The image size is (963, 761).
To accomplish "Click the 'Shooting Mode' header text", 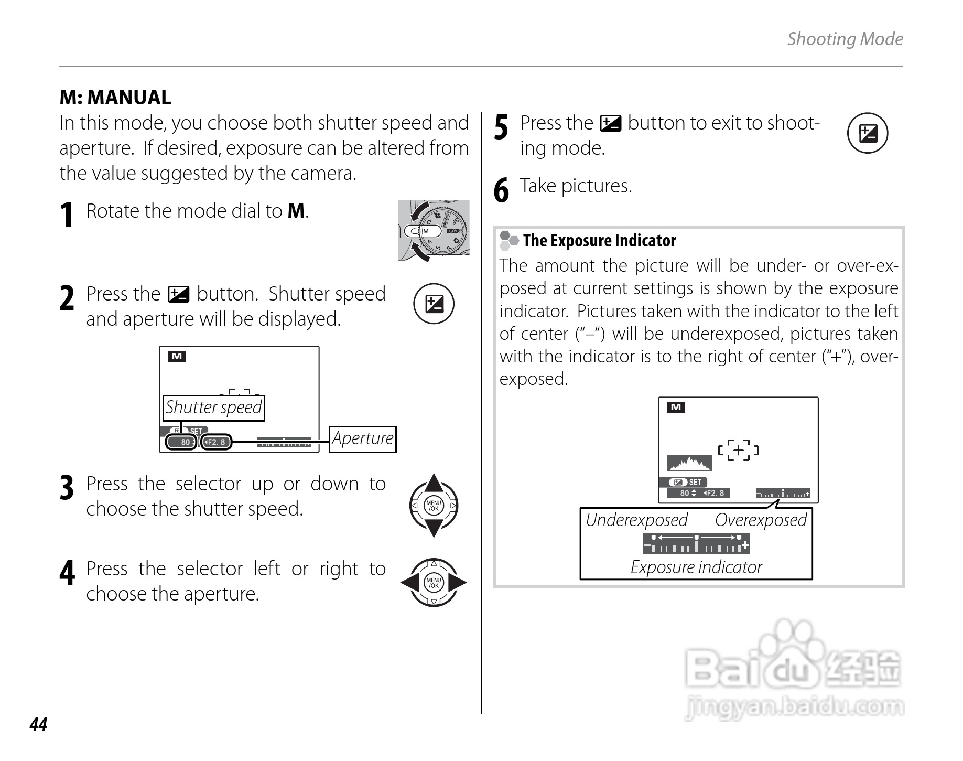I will point(845,39).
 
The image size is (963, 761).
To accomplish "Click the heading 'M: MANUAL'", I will point(115,98).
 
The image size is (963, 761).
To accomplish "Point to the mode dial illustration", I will point(434,230).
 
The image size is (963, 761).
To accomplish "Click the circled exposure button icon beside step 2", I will point(434,304).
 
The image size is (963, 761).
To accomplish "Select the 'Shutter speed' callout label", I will point(213,408).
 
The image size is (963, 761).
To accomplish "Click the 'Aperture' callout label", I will point(362,438).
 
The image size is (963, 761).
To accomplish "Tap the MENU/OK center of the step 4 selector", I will point(434,582).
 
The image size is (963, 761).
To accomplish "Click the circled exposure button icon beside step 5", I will point(868,133).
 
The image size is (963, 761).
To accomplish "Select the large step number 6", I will point(501,190).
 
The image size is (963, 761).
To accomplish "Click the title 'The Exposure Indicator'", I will point(599,241).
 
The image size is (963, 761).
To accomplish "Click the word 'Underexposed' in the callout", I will point(636,520).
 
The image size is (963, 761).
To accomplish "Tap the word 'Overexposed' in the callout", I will point(761,520).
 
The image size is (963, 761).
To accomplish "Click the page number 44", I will point(39,724).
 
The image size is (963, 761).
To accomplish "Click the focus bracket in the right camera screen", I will point(738,450).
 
